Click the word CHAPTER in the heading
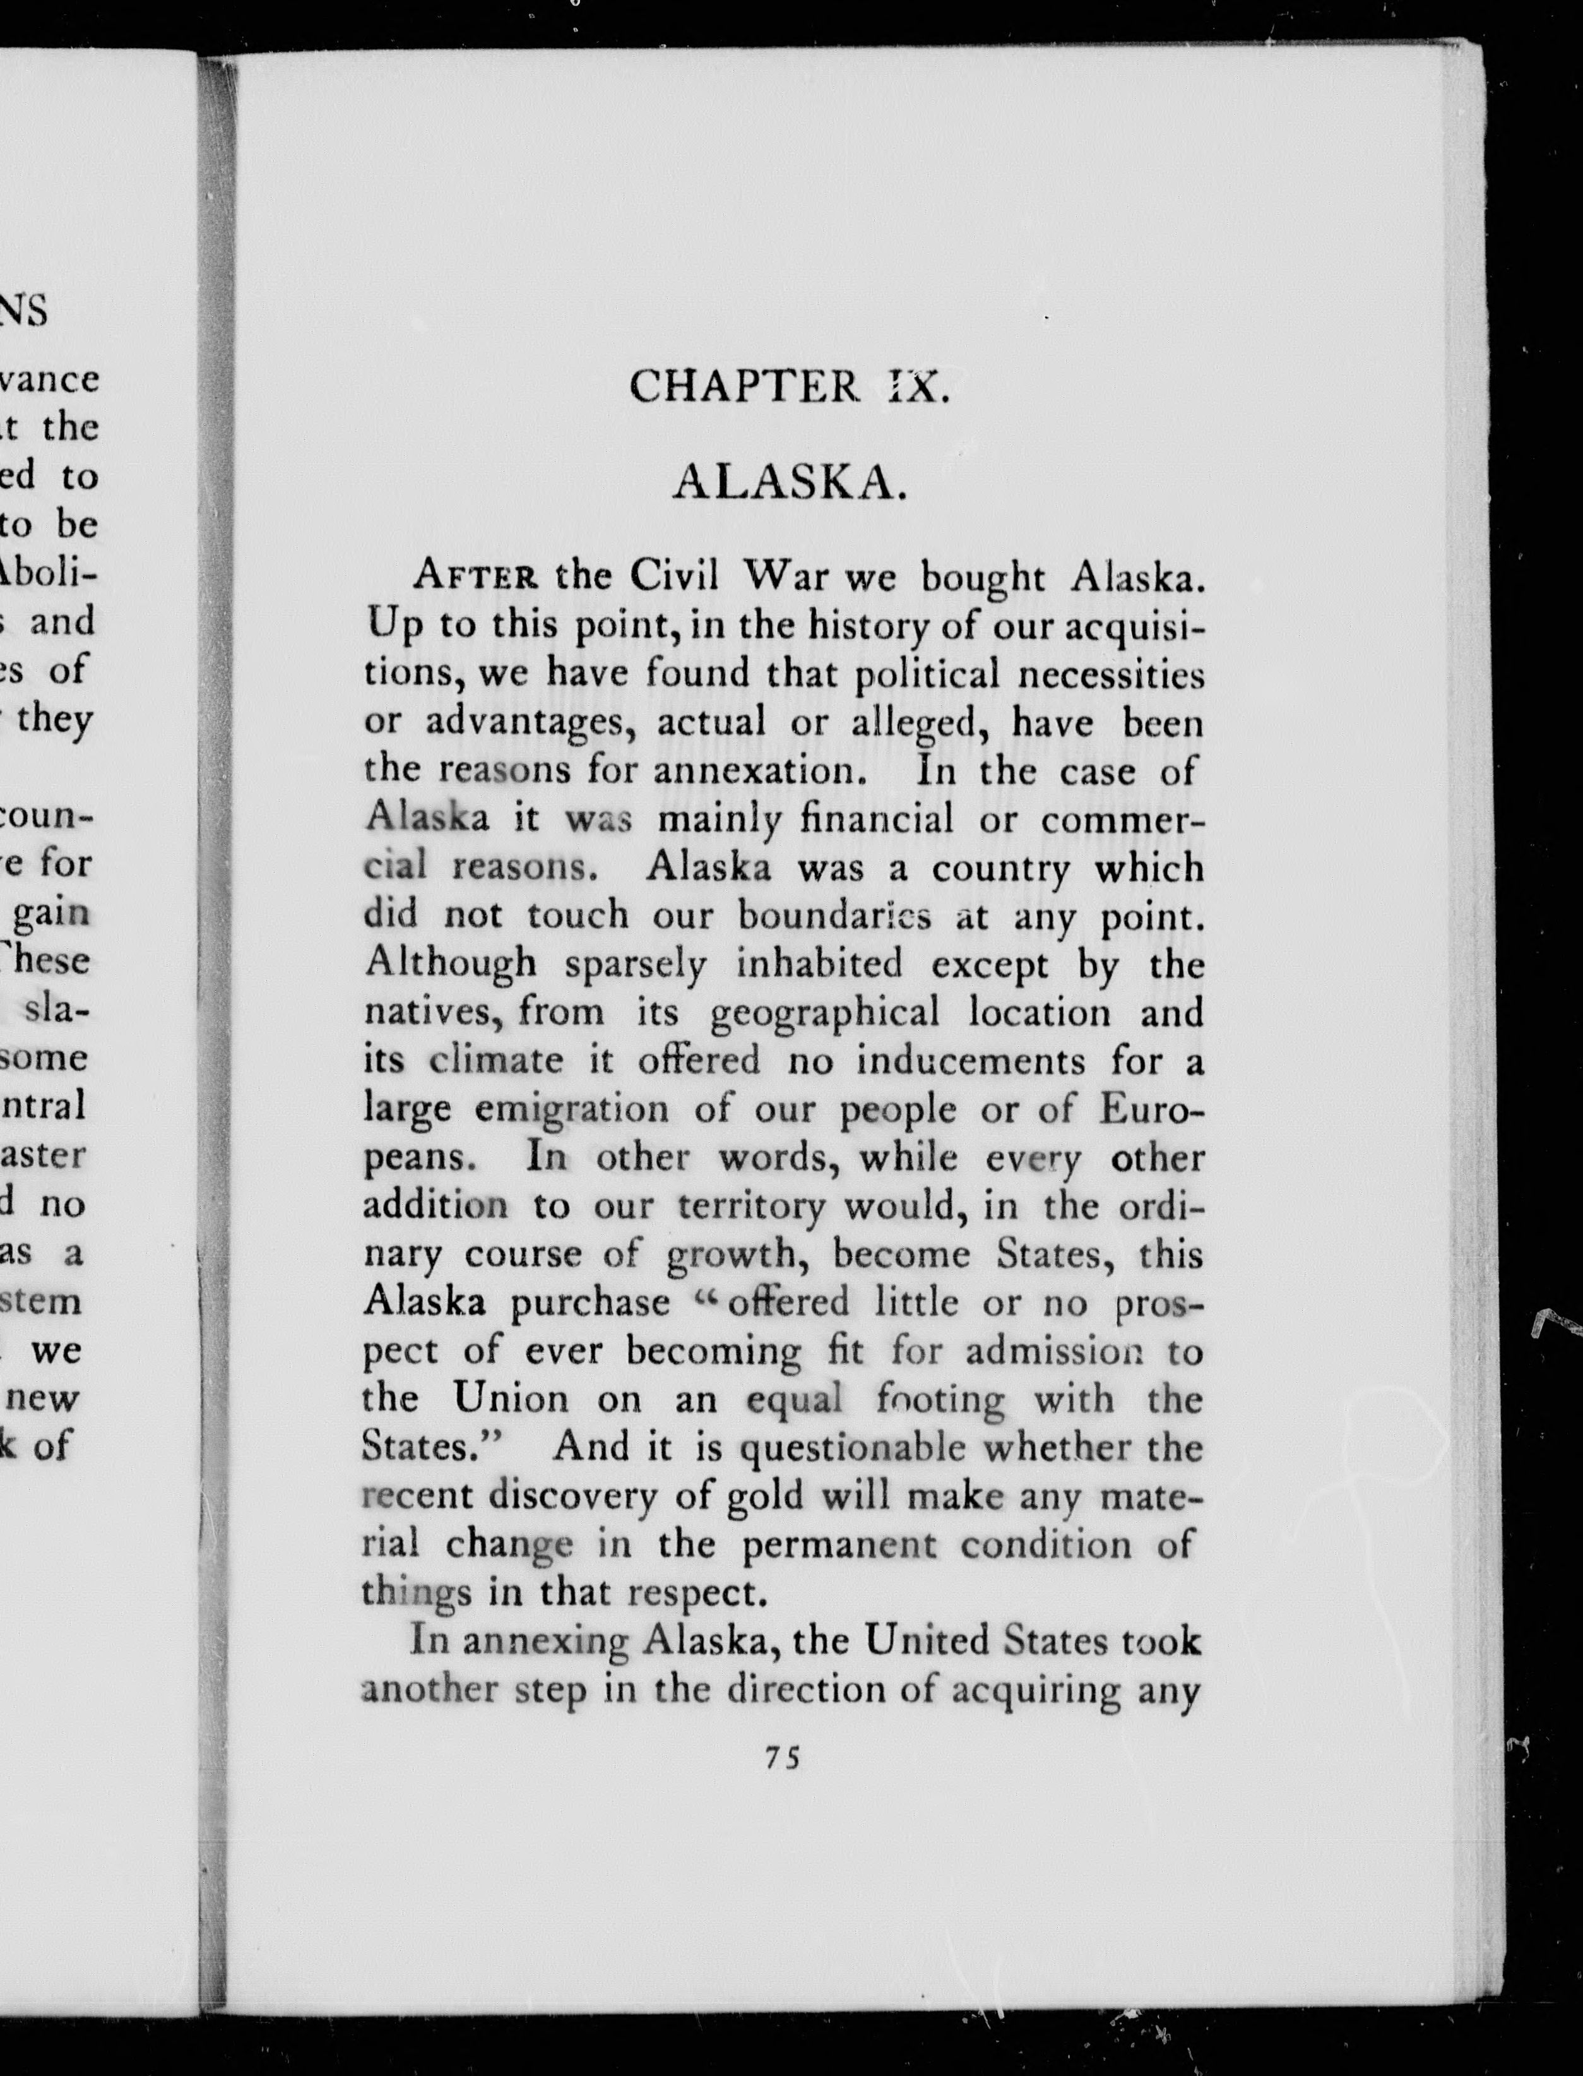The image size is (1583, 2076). click(744, 386)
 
